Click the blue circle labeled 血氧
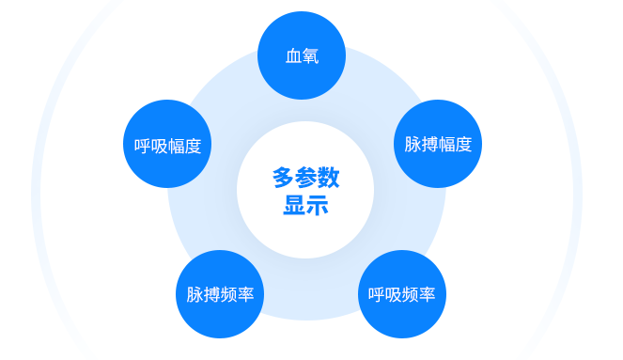pyautogui.click(x=302, y=55)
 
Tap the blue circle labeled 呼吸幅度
pyautogui.click(x=167, y=146)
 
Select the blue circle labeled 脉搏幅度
pyautogui.click(x=437, y=145)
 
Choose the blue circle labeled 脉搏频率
pyautogui.click(x=220, y=294)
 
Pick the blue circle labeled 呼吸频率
pyautogui.click(x=402, y=294)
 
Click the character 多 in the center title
pyautogui.click(x=284, y=177)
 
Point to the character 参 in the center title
pyautogui.click(x=306, y=177)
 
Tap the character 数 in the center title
pyautogui.click(x=328, y=177)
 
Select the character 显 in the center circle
pyautogui.click(x=294, y=205)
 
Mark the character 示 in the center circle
pyautogui.click(x=317, y=205)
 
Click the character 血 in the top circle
pyautogui.click(x=293, y=55)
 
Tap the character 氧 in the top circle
pyautogui.click(x=310, y=55)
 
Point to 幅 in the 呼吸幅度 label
pyautogui.click(x=176, y=146)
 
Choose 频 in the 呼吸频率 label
pyautogui.click(x=411, y=294)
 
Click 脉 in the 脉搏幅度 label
pyautogui.click(x=413, y=145)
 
